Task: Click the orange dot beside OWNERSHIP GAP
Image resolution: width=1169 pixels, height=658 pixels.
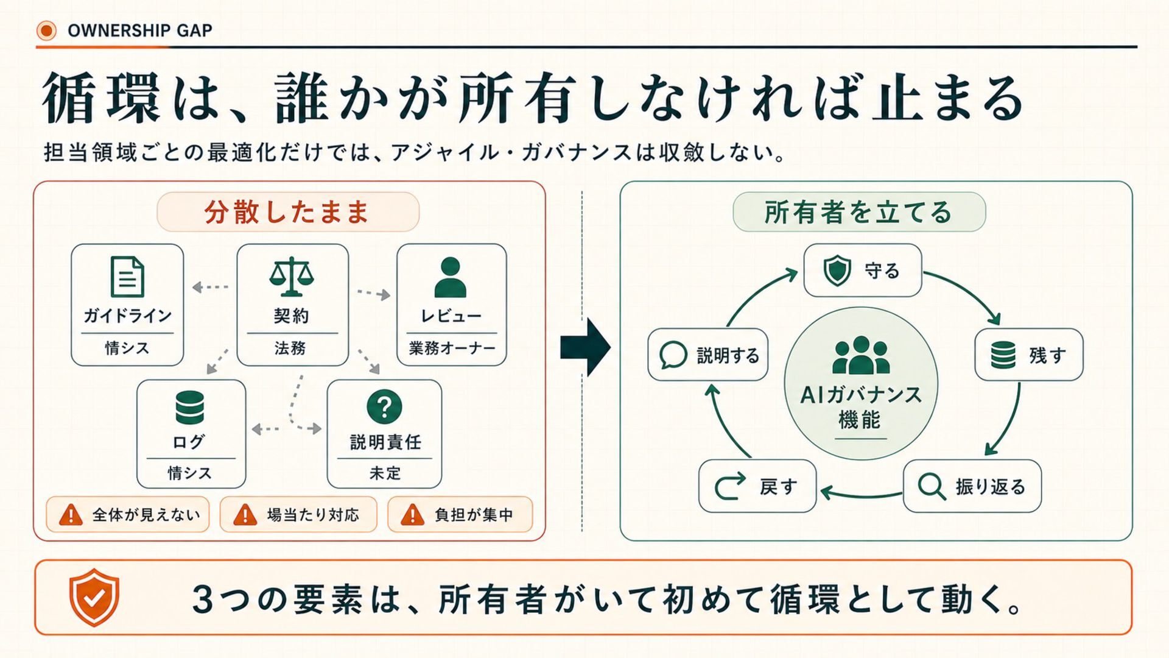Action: point(46,30)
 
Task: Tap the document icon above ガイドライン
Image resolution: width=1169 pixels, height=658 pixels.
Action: point(127,277)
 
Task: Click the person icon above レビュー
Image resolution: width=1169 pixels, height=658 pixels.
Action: point(451,277)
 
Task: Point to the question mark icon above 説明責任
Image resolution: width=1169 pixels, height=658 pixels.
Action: point(384,406)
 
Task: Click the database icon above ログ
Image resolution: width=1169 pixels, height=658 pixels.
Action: point(190,407)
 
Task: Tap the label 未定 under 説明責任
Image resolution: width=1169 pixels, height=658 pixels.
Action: point(385,473)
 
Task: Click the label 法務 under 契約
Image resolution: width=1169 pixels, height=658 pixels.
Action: point(290,348)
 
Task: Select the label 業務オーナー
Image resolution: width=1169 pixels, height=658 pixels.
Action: point(452,348)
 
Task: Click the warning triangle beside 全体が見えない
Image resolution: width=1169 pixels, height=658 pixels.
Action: point(71,515)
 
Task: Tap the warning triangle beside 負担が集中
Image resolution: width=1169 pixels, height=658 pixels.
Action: point(412,515)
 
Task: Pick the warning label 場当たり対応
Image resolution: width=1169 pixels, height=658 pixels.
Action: point(313,515)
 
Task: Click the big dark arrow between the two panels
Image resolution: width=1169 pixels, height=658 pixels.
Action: point(585,347)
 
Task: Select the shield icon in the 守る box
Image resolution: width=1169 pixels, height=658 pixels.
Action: point(837,271)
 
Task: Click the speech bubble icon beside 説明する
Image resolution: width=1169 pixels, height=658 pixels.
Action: point(673,355)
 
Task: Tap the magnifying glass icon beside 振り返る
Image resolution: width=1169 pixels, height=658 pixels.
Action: point(932,487)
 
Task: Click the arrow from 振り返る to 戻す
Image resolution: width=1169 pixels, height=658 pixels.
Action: point(861,494)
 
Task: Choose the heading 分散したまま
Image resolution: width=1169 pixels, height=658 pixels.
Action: point(287,212)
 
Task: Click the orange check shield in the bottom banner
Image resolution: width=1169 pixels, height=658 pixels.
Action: point(94,598)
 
